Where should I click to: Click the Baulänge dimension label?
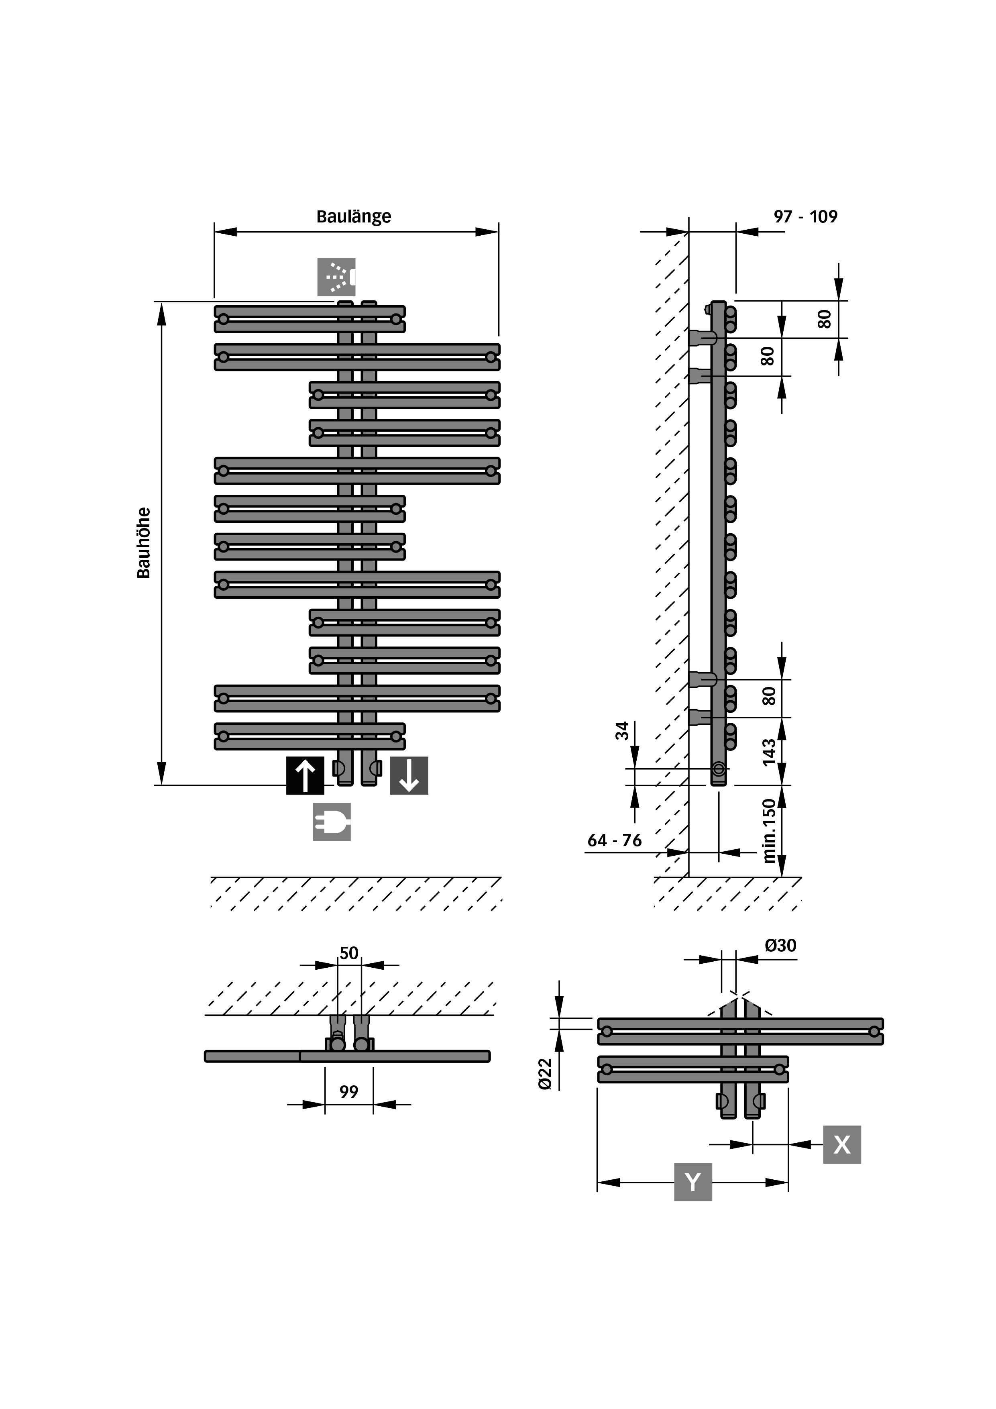click(x=354, y=216)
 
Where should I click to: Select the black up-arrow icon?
click(x=305, y=776)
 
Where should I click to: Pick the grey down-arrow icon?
click(x=409, y=776)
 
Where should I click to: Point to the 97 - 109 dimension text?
click(x=805, y=216)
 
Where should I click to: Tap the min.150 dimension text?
click(x=769, y=831)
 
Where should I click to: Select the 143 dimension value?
click(x=769, y=752)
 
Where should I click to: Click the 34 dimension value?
click(x=622, y=730)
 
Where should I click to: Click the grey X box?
click(x=842, y=1144)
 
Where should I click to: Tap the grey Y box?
click(x=693, y=1182)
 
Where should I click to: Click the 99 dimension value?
click(x=348, y=1092)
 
